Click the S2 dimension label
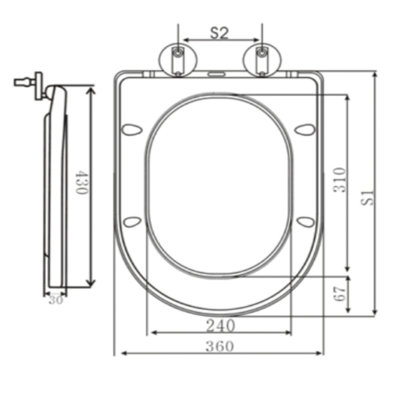tap(219, 33)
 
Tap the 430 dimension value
tap(81, 182)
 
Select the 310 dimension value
tap(339, 180)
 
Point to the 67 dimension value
tap(339, 294)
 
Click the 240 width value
tap(220, 326)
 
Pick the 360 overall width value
tap(220, 346)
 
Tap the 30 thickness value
tap(55, 299)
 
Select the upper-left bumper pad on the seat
tap(133, 128)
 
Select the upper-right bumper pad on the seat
tap(305, 128)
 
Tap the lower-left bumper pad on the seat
tap(133, 221)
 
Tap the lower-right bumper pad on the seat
tap(305, 221)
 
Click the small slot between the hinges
tap(218, 74)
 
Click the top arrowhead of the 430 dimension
tap(91, 88)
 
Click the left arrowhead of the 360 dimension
tap(118, 353)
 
